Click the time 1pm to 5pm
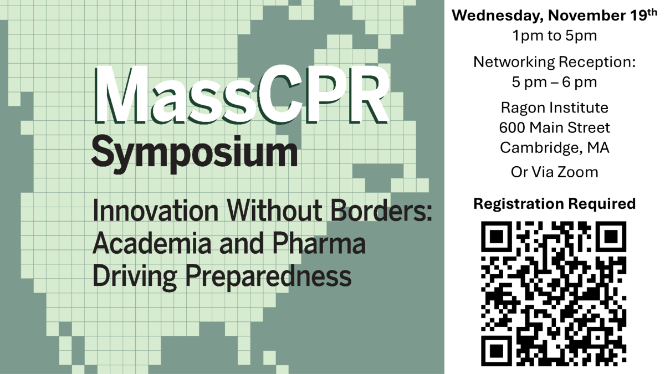pyautogui.click(x=554, y=37)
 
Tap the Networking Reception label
pyautogui.click(x=554, y=62)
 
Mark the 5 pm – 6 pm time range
pyautogui.click(x=554, y=83)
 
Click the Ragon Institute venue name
pyautogui.click(x=554, y=107)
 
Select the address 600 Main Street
pyautogui.click(x=554, y=128)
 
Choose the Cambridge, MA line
pyautogui.click(x=554, y=148)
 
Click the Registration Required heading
pyautogui.click(x=554, y=204)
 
